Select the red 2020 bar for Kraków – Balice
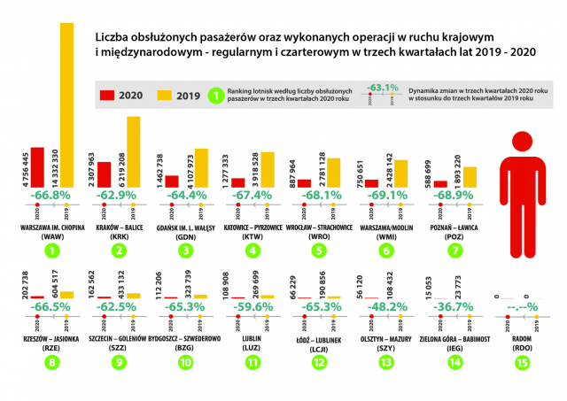click(104, 175)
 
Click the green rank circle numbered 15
click(521, 362)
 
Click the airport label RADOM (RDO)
click(521, 341)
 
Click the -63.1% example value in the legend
click(384, 88)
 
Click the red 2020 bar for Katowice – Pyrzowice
click(237, 183)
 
